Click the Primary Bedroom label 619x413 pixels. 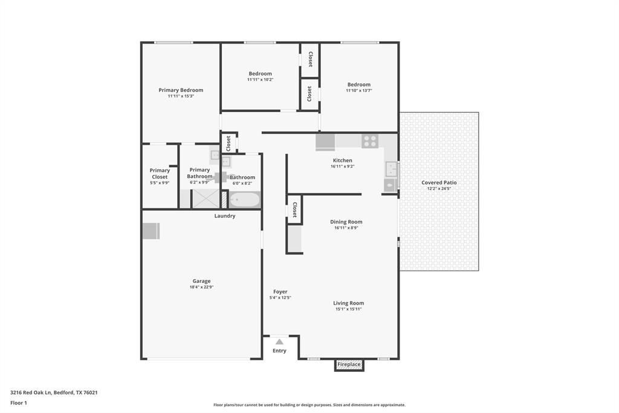coord(181,90)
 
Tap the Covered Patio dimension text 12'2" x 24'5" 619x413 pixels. coord(439,188)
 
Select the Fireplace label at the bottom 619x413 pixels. coord(349,365)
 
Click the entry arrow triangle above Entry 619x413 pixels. coord(279,342)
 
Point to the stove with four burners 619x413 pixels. coord(370,141)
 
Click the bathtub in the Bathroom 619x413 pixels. coord(245,199)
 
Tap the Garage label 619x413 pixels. coord(201,281)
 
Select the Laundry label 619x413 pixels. coord(225,216)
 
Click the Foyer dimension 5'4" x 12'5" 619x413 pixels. coord(280,297)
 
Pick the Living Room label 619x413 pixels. coord(349,303)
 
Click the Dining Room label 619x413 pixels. coord(346,222)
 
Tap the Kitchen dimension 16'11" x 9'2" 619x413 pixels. coord(342,167)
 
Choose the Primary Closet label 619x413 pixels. coord(160,174)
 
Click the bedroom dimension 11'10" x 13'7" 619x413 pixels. coord(358,91)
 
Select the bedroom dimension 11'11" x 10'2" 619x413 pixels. coord(260,79)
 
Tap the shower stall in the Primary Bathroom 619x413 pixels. coord(206,199)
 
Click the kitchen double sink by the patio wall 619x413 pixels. coord(391,168)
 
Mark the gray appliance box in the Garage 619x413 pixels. coord(151,231)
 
